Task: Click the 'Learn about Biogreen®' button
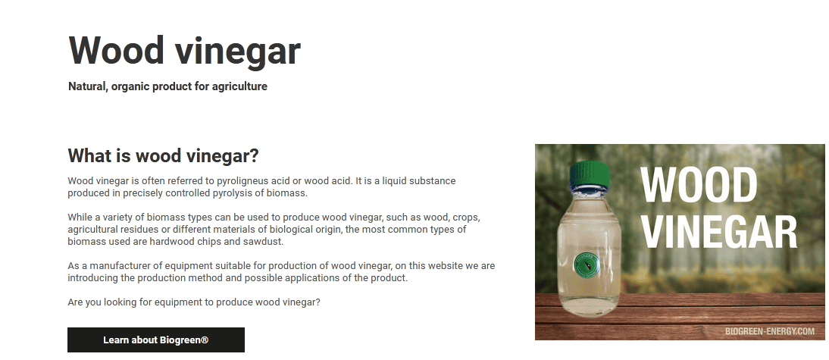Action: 156,340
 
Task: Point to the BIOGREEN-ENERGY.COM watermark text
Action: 770,331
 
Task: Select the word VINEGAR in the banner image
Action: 719,232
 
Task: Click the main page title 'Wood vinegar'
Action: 184,51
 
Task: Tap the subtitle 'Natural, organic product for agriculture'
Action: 167,86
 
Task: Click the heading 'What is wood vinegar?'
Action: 164,156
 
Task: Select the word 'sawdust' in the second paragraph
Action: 267,242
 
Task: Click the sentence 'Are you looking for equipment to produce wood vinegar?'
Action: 194,302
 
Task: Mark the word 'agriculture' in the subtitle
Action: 239,86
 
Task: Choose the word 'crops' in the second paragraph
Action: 465,218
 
